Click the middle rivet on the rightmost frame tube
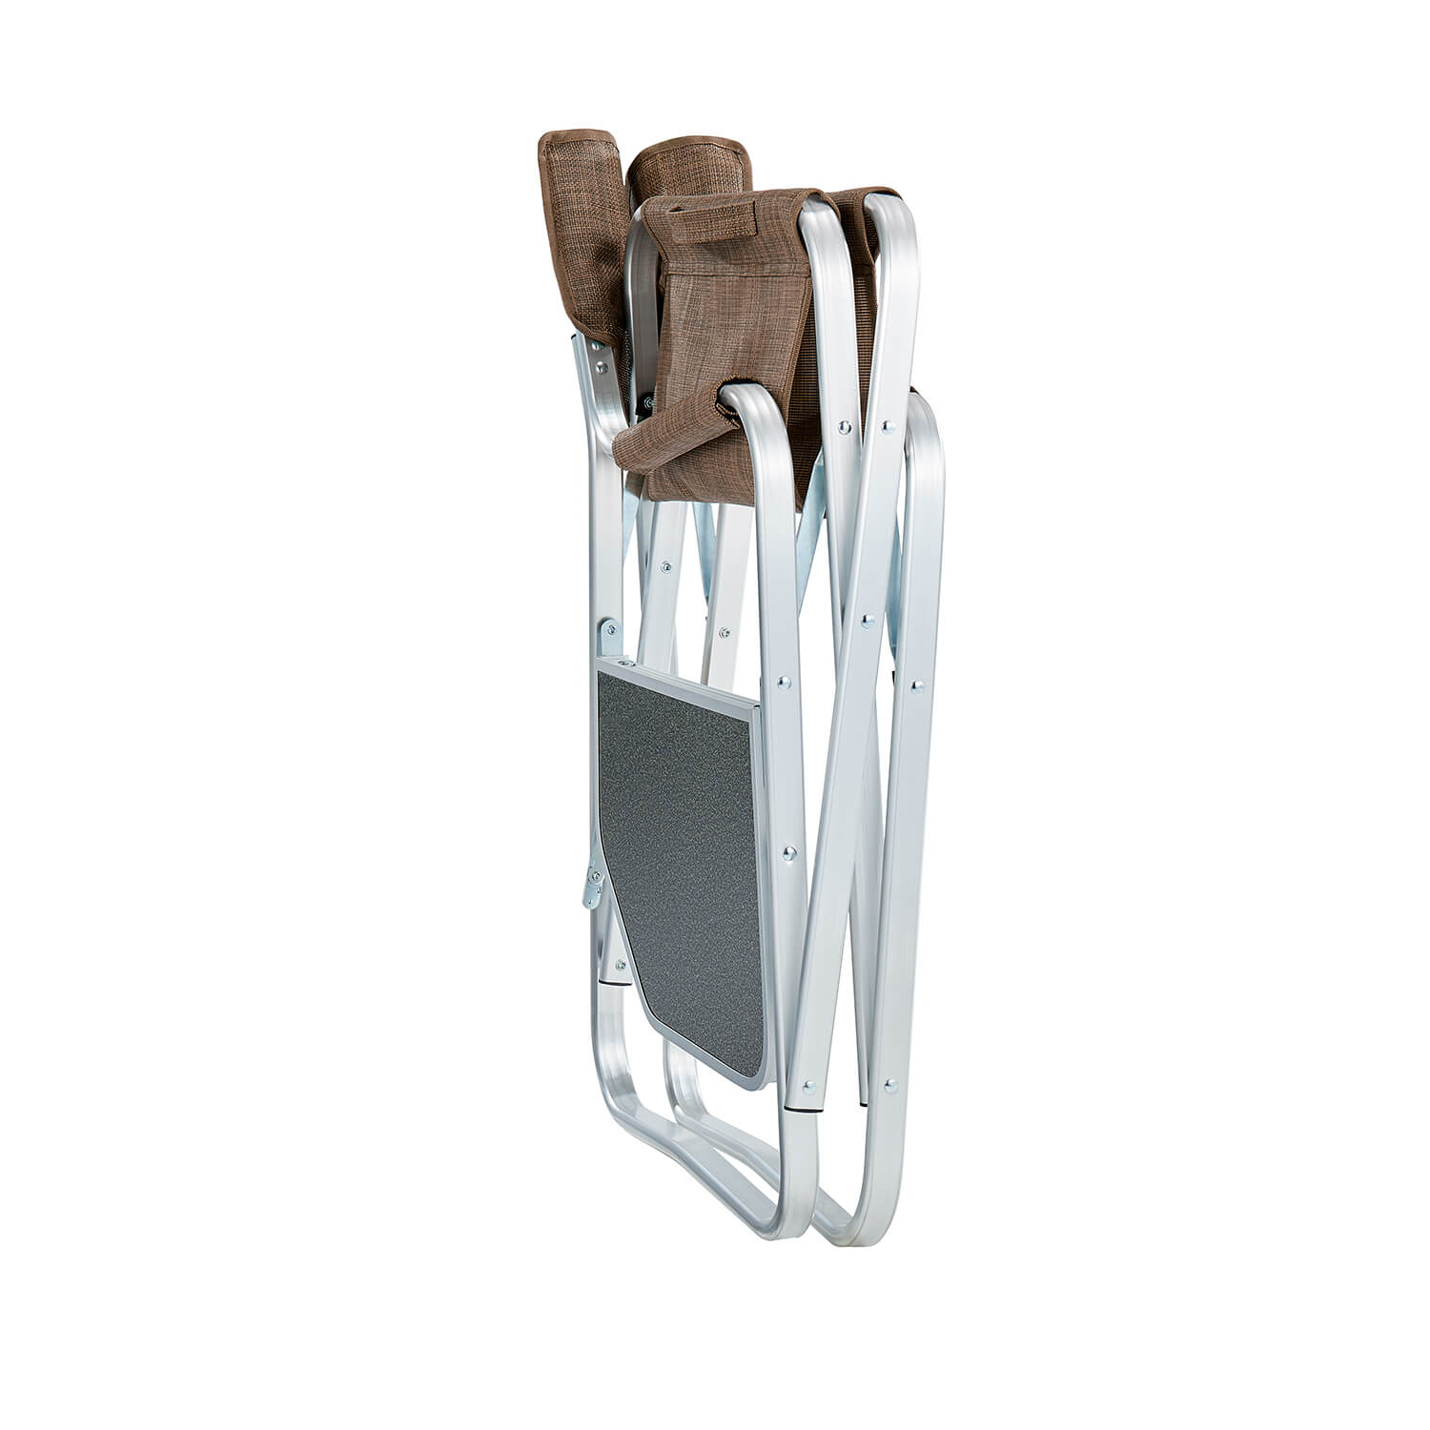pos(915,684)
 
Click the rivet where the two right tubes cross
pos(867,621)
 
